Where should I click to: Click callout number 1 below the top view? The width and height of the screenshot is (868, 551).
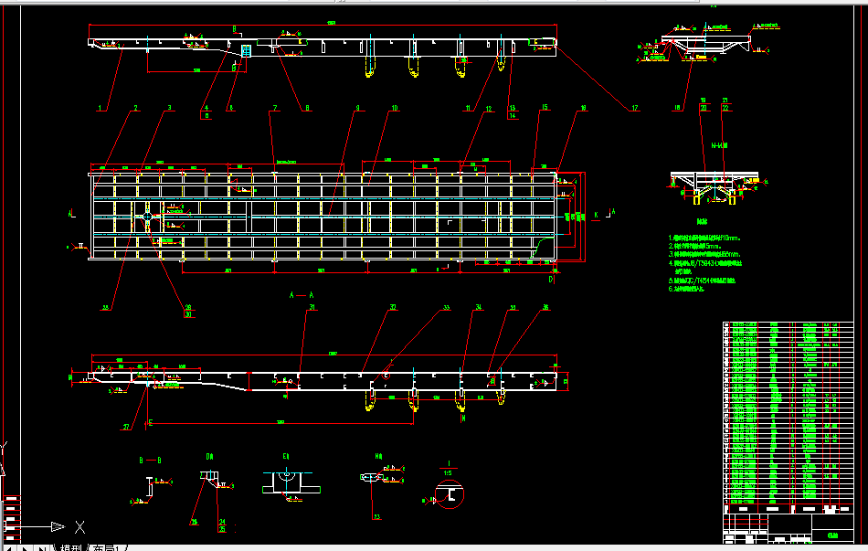coord(101,108)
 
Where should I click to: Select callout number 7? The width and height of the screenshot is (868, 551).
coord(272,109)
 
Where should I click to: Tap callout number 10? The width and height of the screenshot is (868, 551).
coord(395,109)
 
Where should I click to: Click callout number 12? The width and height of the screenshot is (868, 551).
coord(489,109)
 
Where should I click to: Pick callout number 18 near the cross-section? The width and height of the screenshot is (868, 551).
coord(677,108)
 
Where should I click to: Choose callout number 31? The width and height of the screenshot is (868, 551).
coord(312,308)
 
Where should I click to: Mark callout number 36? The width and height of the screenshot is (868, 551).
coord(545,308)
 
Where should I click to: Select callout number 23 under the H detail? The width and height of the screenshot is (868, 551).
coord(375,516)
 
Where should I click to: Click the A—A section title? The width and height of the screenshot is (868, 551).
coord(302,295)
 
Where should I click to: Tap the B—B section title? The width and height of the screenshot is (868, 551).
coord(150,460)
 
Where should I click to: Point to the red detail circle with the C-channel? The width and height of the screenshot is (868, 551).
coord(450,494)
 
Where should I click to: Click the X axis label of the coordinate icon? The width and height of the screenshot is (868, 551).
coord(80,526)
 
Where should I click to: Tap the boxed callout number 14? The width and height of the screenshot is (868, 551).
coord(513,116)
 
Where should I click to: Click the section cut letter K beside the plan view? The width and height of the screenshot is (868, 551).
coord(597,215)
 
